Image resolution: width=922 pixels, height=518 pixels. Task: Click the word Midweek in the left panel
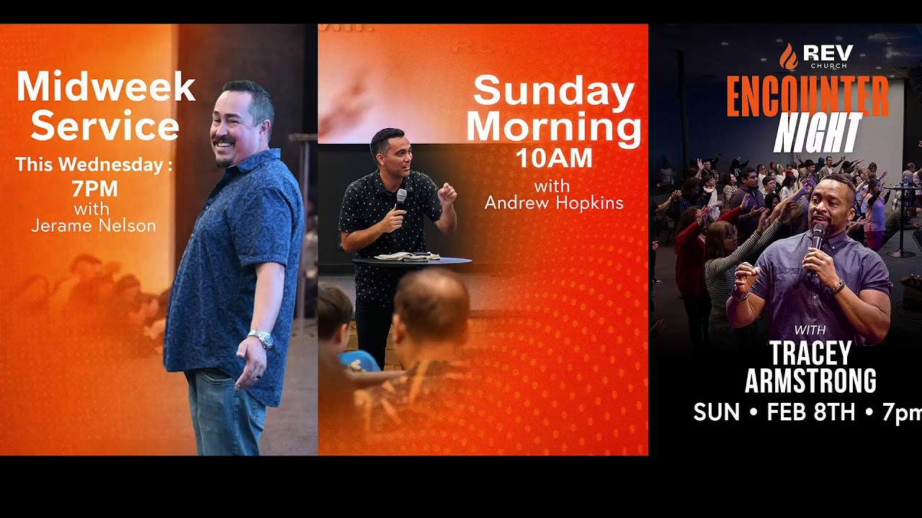click(106, 87)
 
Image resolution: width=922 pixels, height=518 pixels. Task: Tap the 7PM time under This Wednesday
click(94, 189)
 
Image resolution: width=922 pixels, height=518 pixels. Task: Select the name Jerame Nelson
click(94, 226)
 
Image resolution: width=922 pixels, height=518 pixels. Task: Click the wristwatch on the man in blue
click(261, 338)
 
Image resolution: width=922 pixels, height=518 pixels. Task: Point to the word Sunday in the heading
click(553, 91)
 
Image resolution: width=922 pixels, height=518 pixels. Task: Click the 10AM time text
click(553, 158)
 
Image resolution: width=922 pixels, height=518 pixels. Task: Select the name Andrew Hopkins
click(553, 204)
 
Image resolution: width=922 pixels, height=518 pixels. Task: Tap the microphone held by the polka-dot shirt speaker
click(401, 197)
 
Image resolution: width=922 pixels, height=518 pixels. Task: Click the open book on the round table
click(407, 255)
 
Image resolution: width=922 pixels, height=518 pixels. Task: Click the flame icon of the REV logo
click(789, 56)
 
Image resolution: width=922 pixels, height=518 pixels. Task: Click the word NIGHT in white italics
click(818, 133)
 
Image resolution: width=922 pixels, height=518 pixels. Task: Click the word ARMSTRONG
click(810, 381)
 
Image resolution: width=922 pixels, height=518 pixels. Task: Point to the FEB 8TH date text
click(810, 412)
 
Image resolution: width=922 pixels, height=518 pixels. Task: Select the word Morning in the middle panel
click(553, 127)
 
